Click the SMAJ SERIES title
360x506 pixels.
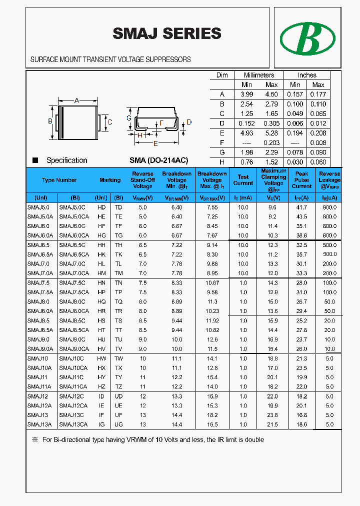(166, 33)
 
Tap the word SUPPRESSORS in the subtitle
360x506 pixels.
(167, 59)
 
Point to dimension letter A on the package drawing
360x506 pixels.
(76, 100)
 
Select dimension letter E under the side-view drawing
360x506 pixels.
(155, 143)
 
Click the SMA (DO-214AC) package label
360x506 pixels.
(158, 160)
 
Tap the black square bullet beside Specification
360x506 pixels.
(35, 160)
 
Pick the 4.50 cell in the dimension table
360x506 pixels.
(271, 94)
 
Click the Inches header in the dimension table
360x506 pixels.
(307, 75)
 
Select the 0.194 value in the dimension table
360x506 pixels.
(295, 133)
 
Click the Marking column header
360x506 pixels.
(110, 180)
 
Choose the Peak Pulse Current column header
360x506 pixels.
(301, 180)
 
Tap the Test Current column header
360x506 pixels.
(243, 180)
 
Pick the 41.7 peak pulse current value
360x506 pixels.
(301, 207)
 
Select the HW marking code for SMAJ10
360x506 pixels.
(101, 358)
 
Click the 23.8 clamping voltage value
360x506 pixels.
(272, 415)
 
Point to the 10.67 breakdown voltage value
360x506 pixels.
(212, 283)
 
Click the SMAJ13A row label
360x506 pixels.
(39, 424)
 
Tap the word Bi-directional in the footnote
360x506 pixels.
(70, 440)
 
